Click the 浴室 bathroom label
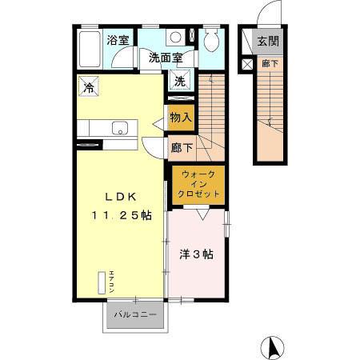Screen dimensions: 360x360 (118, 39)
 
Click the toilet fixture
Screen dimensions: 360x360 (211, 41)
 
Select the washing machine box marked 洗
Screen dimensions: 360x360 (181, 80)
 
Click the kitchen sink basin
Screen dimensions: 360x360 (119, 128)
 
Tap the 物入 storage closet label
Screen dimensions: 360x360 (182, 117)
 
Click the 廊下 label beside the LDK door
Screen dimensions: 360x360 (182, 147)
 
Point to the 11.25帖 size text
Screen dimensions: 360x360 (121, 215)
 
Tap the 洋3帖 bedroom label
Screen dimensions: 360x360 (196, 255)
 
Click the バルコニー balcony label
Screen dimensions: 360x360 (134, 314)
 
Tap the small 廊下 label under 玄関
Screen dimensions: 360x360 (266, 62)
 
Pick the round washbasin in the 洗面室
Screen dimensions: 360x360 (175, 37)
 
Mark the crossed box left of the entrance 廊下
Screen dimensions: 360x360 (246, 62)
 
